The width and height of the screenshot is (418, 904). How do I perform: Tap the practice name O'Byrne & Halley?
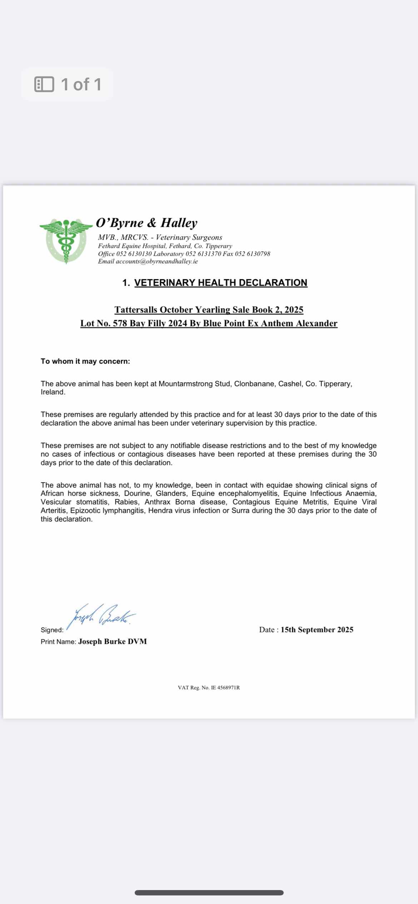tap(146, 223)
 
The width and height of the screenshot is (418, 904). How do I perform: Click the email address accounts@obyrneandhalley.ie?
tap(156, 261)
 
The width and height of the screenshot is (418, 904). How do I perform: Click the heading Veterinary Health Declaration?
tap(220, 283)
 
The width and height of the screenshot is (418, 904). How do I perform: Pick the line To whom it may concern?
tap(85, 361)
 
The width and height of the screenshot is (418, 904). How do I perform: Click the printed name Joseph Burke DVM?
tap(113, 642)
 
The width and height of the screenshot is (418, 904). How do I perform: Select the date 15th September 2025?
tap(317, 630)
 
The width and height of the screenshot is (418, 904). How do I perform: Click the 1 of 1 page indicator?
tap(68, 84)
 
